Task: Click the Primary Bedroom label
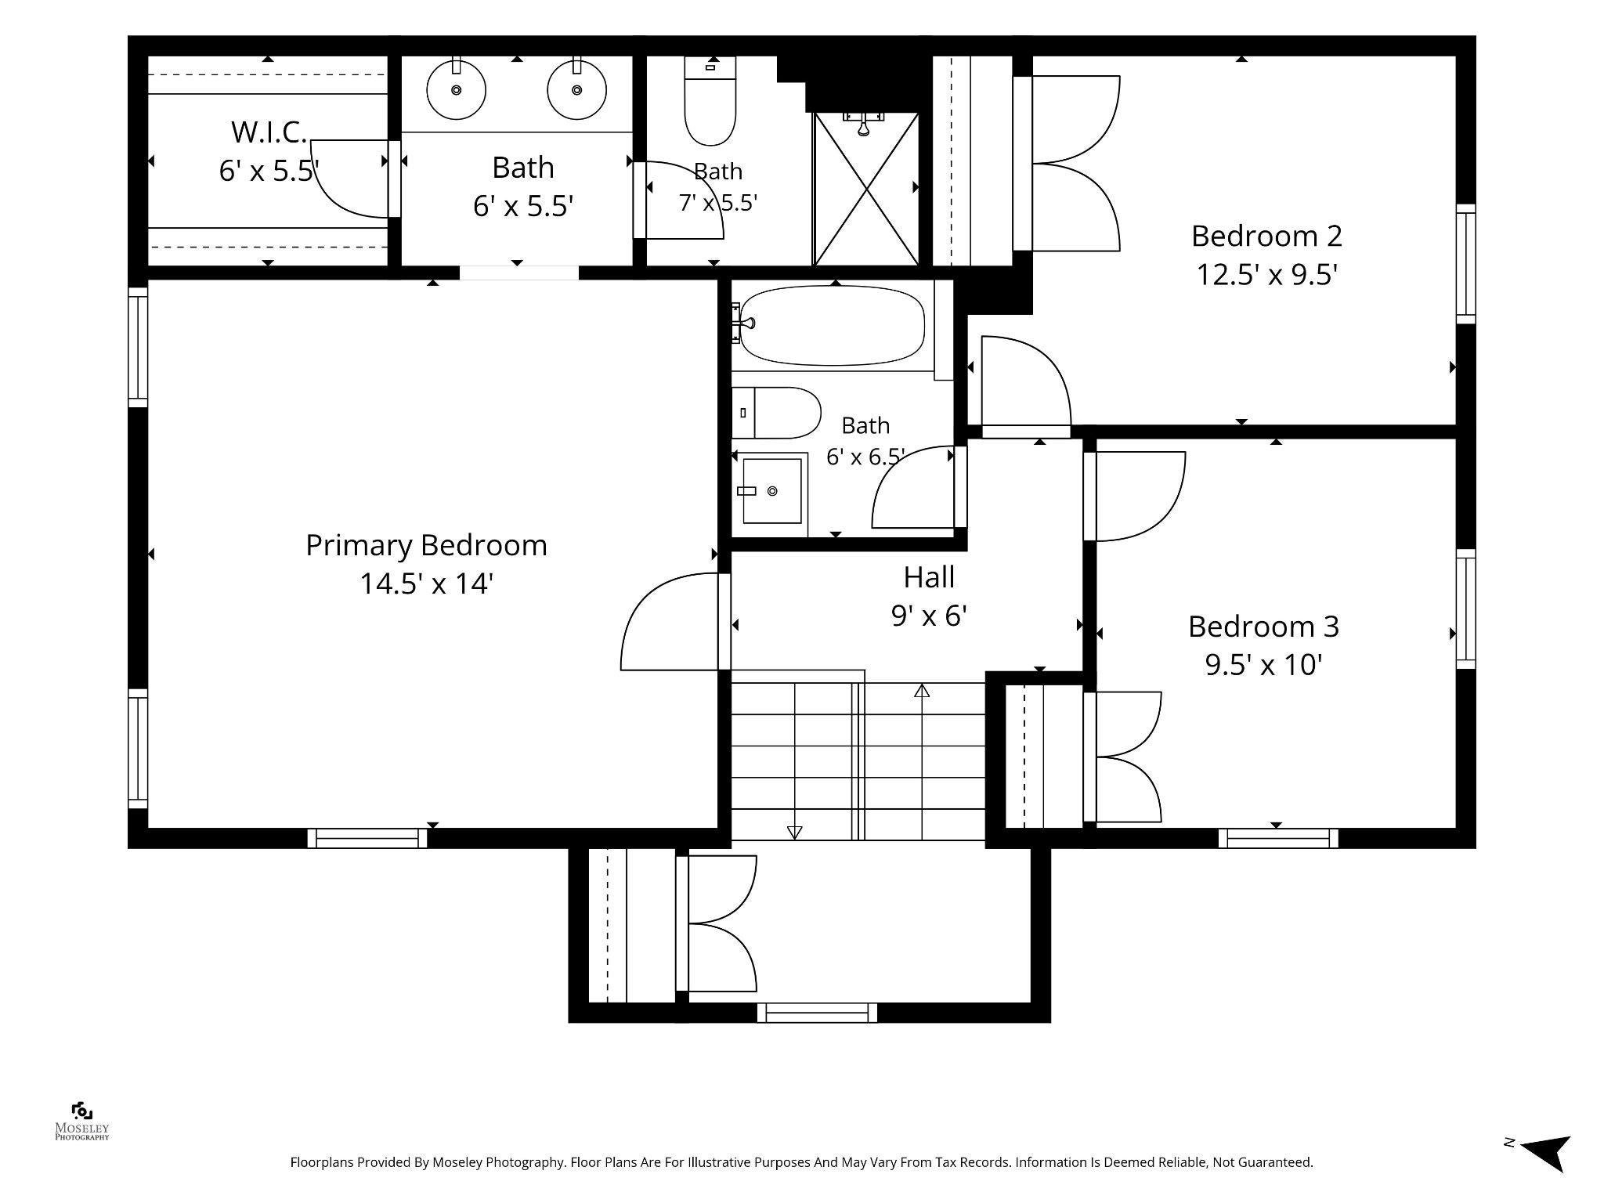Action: click(426, 545)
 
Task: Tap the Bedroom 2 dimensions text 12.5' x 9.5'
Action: click(1266, 275)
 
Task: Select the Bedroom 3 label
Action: click(1263, 627)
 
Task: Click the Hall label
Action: click(929, 577)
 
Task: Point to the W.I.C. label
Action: click(269, 132)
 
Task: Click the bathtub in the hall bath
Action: click(832, 325)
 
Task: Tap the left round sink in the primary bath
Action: click(456, 90)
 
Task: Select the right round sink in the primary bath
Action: click(577, 90)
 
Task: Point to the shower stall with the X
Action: click(865, 189)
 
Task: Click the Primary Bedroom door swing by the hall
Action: click(670, 621)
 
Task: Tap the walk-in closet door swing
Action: click(350, 179)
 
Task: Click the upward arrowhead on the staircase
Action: click(922, 691)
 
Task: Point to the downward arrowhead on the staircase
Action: click(794, 833)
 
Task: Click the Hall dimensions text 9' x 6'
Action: click(929, 616)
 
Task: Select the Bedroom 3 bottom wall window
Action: click(1278, 838)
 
